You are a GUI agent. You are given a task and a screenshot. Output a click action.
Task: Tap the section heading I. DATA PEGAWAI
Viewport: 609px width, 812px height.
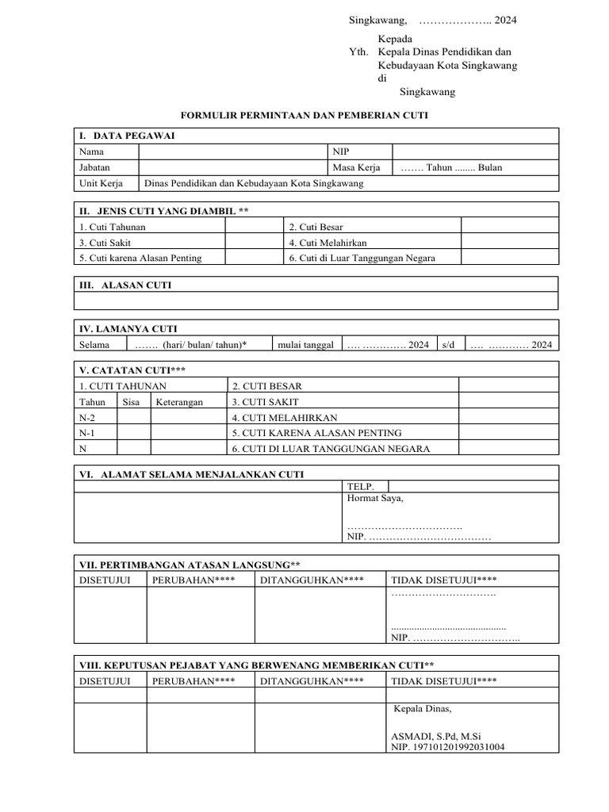point(127,136)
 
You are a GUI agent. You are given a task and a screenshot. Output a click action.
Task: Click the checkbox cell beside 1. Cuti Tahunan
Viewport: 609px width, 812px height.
point(255,227)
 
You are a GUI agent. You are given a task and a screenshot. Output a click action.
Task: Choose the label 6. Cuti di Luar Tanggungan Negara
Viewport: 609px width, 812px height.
point(362,258)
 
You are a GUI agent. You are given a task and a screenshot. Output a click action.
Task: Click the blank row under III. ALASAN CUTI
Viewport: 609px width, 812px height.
point(316,301)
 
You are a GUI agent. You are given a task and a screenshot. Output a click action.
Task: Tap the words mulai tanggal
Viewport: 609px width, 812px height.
point(305,345)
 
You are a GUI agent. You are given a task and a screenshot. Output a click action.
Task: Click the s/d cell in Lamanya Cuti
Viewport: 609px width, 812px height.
point(449,345)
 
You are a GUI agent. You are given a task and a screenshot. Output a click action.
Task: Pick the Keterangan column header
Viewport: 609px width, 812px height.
point(179,402)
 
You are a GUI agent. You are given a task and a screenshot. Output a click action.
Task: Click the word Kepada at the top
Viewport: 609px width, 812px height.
point(394,38)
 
